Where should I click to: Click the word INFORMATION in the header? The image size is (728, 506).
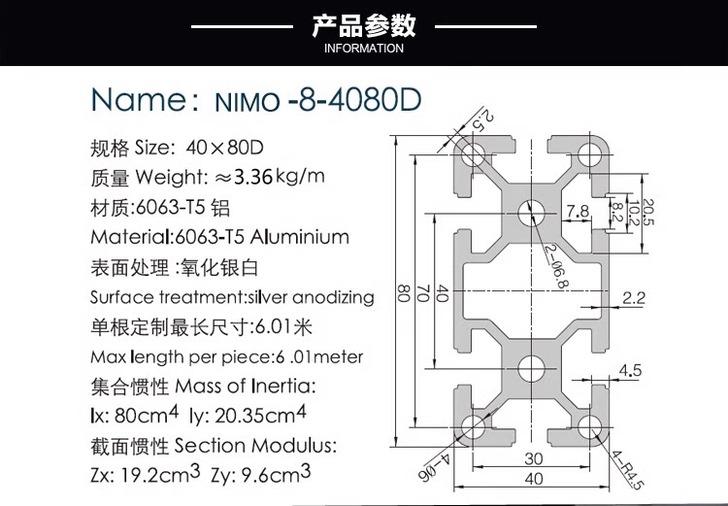pyautogui.click(x=364, y=49)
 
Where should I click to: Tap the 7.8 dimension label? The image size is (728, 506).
pyautogui.click(x=578, y=211)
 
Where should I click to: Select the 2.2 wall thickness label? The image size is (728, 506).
pyautogui.click(x=634, y=299)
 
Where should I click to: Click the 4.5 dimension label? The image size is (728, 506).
pyautogui.click(x=630, y=370)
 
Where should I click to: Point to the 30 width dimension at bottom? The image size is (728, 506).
pyautogui.click(x=533, y=458)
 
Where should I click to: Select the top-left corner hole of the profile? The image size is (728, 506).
pyautogui.click(x=475, y=153)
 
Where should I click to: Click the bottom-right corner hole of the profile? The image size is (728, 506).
pyautogui.click(x=590, y=426)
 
